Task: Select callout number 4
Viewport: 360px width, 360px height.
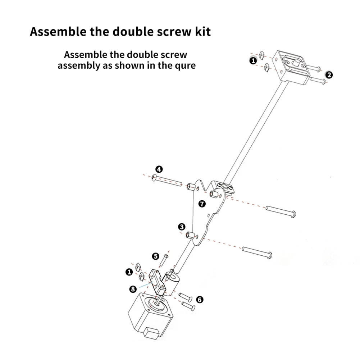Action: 159,169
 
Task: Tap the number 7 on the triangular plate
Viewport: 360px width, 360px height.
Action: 202,204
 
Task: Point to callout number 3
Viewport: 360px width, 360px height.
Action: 182,227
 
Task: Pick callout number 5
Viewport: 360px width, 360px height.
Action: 155,256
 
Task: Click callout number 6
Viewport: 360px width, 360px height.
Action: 200,299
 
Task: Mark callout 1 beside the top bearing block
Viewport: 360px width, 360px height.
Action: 253,61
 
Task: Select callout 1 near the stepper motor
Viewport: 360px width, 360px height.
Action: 129,272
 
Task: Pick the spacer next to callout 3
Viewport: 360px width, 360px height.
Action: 191,236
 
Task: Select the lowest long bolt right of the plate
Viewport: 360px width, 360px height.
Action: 258,252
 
